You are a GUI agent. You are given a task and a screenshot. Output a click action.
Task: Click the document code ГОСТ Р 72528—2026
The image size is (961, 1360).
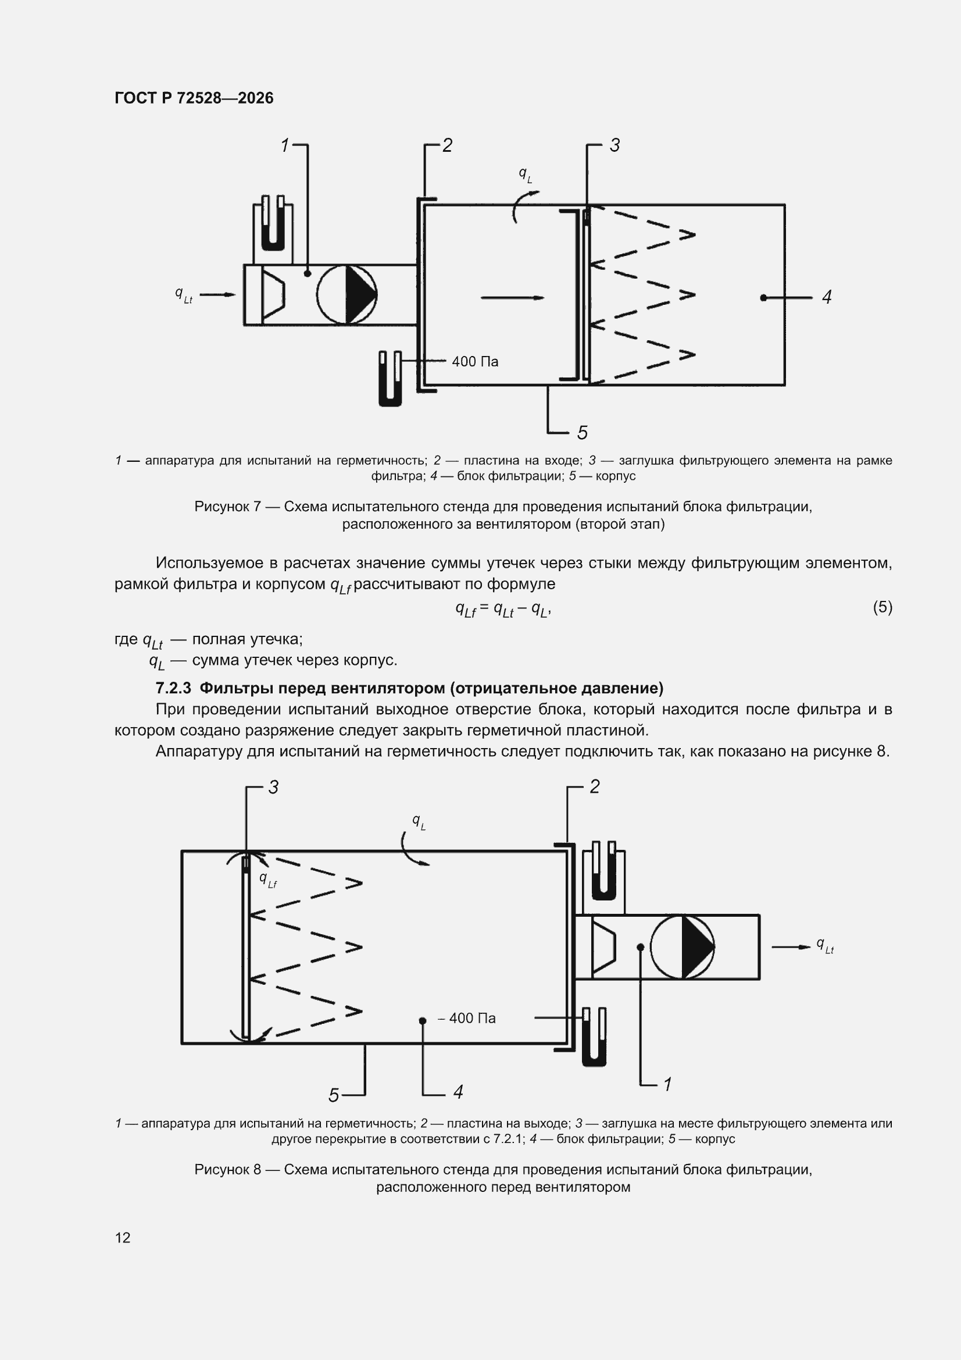point(194,98)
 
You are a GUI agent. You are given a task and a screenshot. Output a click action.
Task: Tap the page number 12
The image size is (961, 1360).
point(123,1237)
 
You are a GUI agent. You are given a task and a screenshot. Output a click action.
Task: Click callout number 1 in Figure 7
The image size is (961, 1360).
point(285,145)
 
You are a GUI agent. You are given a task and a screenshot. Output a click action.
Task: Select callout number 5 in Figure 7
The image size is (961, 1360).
point(583,432)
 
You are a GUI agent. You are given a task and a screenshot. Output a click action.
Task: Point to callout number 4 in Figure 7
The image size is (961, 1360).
point(827,297)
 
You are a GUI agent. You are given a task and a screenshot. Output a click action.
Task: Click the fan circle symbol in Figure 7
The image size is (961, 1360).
point(347,294)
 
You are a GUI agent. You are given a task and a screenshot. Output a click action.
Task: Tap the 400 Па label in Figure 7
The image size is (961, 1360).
point(475,361)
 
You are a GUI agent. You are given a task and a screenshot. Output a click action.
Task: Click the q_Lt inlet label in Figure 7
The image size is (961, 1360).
point(184,294)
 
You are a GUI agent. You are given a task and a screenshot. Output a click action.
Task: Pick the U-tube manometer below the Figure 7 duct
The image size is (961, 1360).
point(390,379)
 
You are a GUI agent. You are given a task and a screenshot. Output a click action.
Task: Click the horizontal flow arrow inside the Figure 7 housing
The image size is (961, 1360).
point(512,297)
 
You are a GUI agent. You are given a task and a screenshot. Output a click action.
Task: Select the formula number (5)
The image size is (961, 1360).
point(883,607)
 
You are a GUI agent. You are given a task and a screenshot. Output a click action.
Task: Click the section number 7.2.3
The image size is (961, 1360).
point(173,688)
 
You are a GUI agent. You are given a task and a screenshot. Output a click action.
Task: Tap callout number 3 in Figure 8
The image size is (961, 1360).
point(274,787)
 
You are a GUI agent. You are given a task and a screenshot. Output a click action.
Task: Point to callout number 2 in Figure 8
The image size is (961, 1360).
point(595,786)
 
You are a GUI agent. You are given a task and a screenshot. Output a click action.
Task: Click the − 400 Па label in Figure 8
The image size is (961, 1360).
point(467,1018)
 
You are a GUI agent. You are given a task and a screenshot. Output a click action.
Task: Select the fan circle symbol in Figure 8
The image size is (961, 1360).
point(682,946)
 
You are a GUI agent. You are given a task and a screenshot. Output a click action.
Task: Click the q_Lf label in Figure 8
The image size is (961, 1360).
point(268,880)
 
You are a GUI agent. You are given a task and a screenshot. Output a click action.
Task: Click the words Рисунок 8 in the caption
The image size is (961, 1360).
point(227,1169)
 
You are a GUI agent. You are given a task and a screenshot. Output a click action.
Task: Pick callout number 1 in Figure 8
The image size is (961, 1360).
point(667,1084)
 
